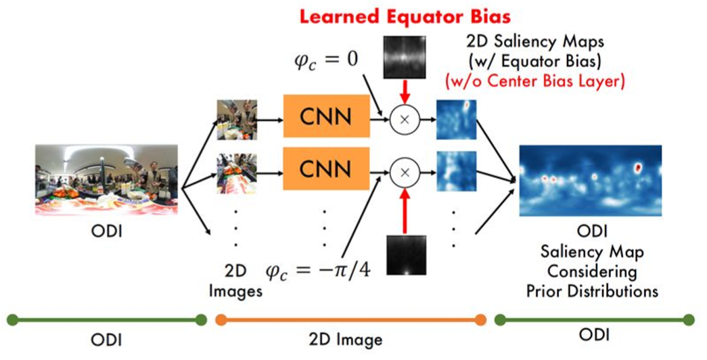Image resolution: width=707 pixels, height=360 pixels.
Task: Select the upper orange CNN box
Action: click(x=325, y=118)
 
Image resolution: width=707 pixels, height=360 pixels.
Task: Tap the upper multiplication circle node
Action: click(x=404, y=119)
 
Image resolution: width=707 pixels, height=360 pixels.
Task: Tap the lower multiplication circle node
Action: click(x=404, y=173)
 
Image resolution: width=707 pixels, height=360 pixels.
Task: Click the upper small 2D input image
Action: click(x=231, y=119)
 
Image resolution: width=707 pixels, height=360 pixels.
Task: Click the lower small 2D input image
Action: click(x=231, y=173)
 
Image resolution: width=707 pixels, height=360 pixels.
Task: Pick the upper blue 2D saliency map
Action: click(x=457, y=120)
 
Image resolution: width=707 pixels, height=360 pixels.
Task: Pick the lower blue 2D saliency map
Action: click(x=457, y=173)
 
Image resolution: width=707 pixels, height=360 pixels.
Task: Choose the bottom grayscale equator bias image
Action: click(x=404, y=256)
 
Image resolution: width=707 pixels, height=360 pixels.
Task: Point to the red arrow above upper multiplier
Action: click(x=404, y=90)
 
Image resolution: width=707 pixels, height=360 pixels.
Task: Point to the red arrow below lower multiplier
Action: click(x=404, y=210)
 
